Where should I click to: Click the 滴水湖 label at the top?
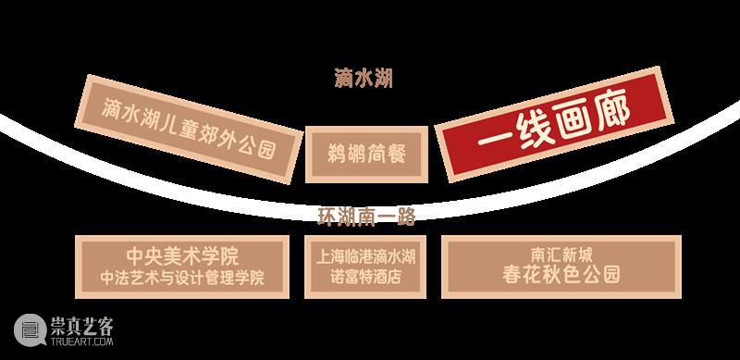(364, 78)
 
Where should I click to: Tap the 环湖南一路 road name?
(365, 217)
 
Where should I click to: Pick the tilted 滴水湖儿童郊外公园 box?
(190, 126)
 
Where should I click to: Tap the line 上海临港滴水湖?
(367, 256)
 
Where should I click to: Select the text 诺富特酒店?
(367, 277)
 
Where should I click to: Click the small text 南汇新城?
(561, 254)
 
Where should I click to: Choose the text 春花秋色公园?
(561, 275)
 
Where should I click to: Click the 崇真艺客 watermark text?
(83, 322)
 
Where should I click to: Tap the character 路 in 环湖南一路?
(403, 217)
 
